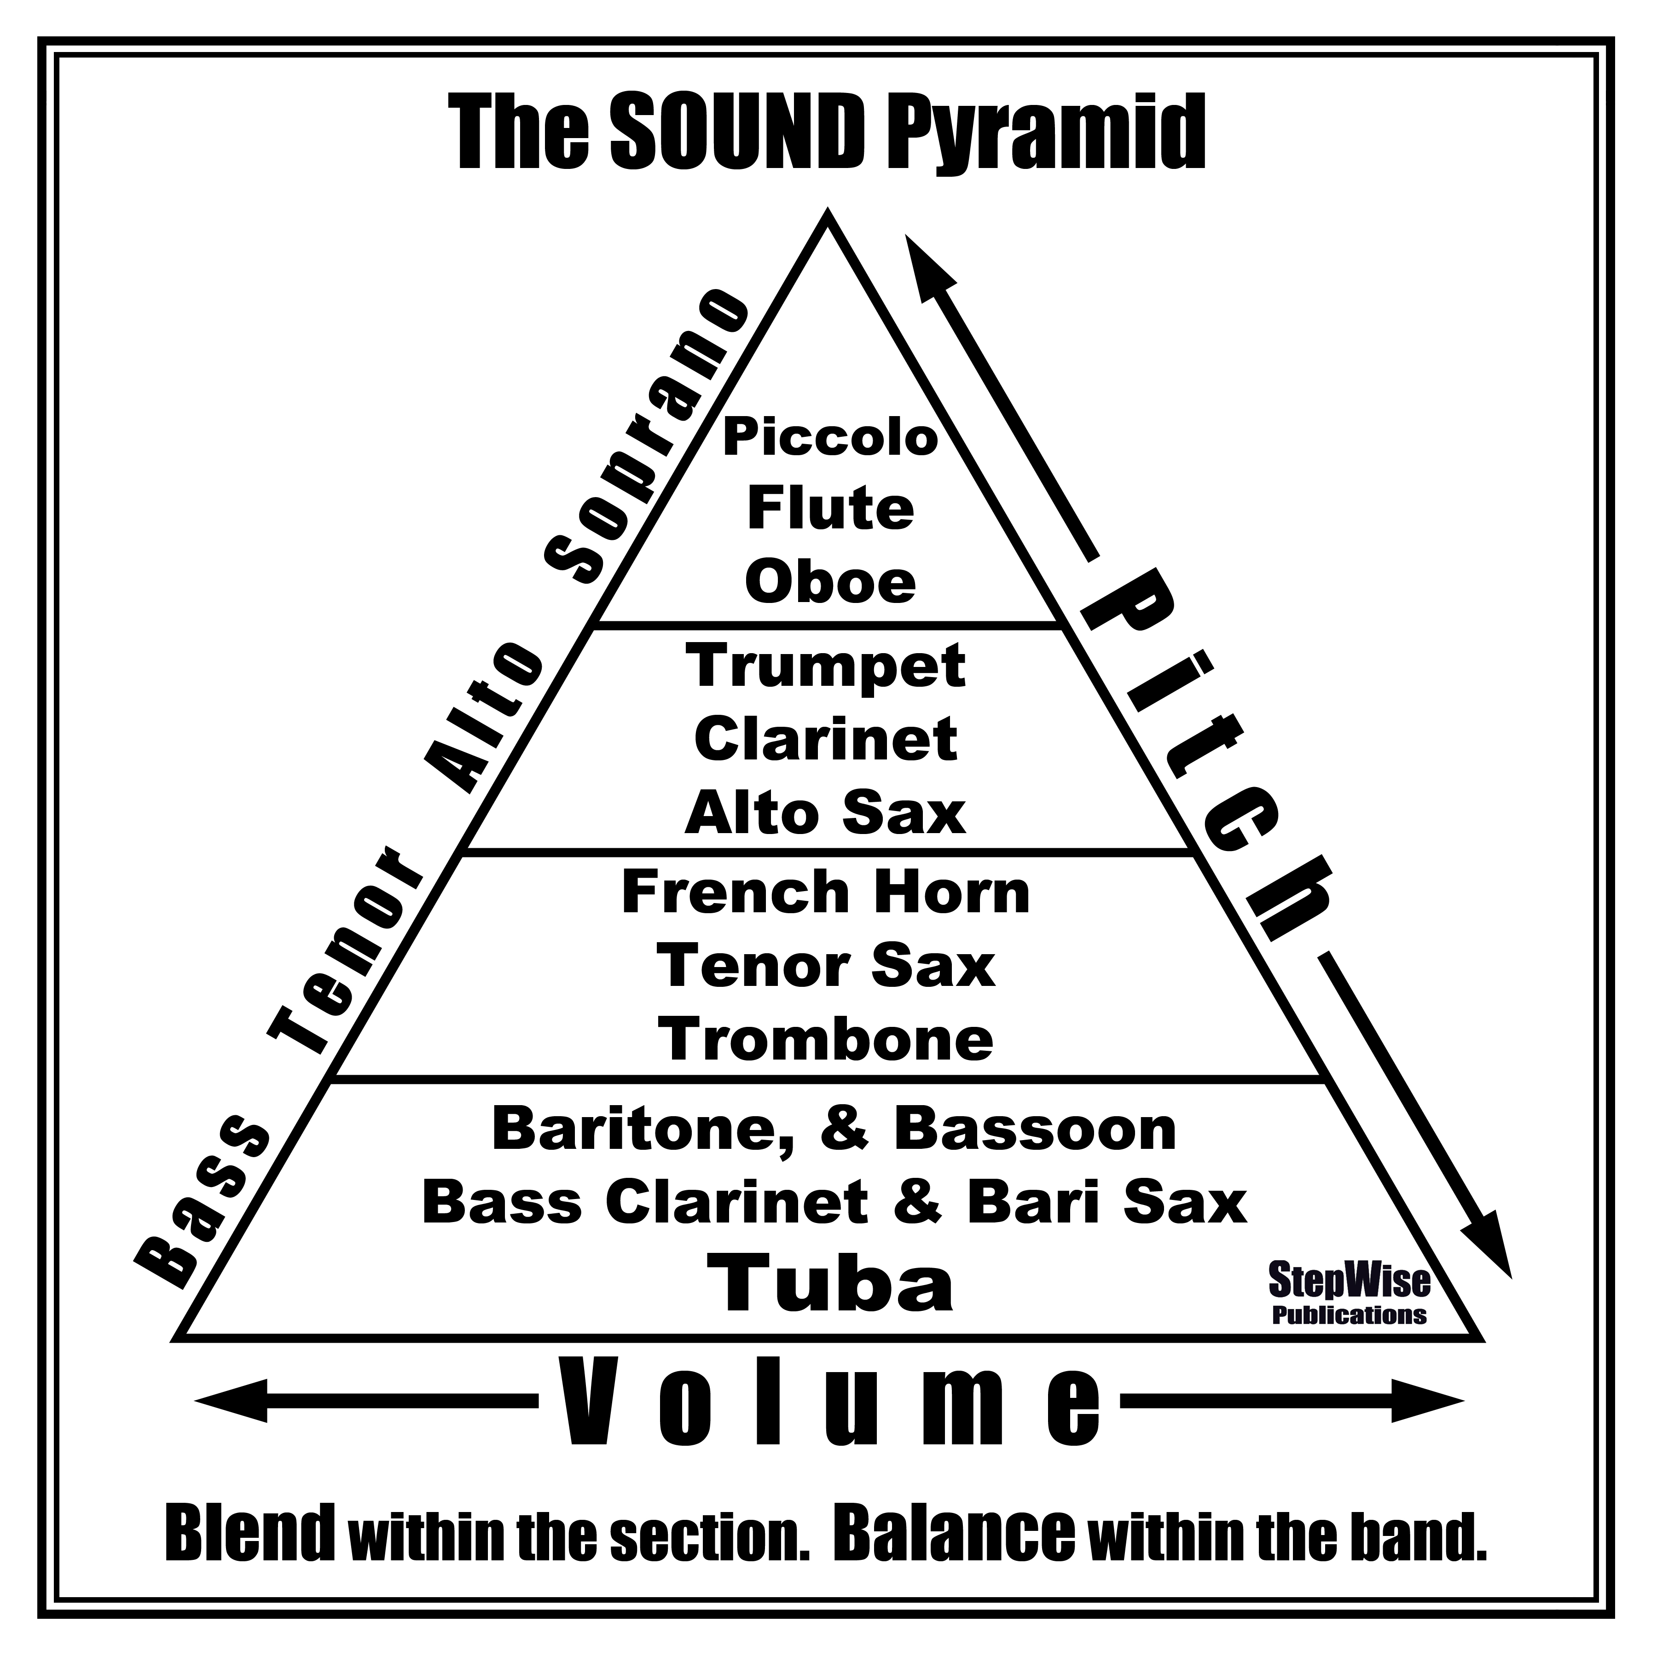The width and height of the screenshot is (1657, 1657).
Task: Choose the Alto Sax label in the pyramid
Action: tap(825, 812)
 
